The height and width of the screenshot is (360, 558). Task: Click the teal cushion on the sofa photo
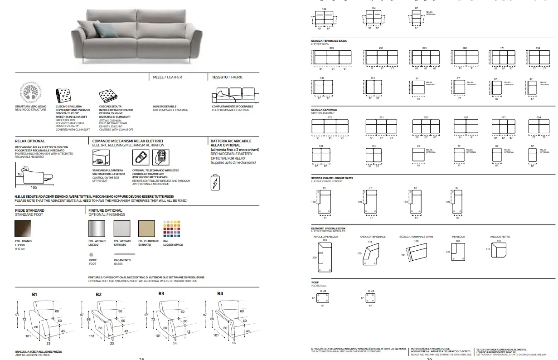click(102, 30)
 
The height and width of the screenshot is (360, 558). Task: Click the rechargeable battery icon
click(215, 182)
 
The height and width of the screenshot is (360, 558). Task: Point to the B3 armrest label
click(161, 294)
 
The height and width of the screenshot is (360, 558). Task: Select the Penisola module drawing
click(458, 252)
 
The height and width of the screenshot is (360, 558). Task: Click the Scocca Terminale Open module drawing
click(416, 252)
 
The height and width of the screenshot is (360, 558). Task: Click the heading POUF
click(315, 282)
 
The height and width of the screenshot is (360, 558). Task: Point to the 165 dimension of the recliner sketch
click(33, 187)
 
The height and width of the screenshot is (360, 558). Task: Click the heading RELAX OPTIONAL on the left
click(30, 141)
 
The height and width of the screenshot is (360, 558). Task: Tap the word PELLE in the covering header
click(158, 77)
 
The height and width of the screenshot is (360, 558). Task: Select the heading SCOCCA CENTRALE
click(324, 110)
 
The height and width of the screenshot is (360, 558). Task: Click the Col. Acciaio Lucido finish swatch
click(97, 228)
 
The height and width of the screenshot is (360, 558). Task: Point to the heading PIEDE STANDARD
click(29, 210)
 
